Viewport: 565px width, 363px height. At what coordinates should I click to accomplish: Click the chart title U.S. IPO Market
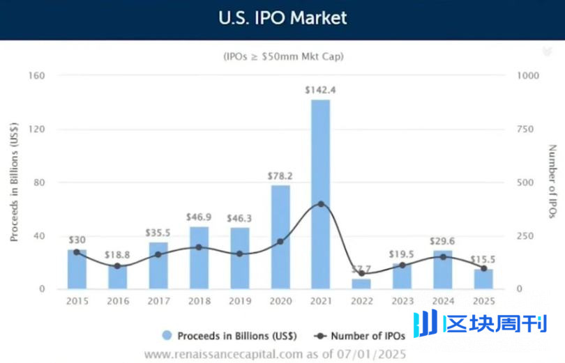(x=282, y=17)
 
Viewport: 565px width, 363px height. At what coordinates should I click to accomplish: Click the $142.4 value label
(x=320, y=90)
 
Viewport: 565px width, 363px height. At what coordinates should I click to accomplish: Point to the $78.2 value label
(x=280, y=176)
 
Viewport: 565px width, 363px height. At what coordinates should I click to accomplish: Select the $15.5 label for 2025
(x=483, y=259)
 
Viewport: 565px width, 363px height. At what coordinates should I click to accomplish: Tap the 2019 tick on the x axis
(x=239, y=301)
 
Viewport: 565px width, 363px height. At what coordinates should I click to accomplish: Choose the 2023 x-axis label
(x=402, y=301)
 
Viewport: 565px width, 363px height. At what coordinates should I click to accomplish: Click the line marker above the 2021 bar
(x=320, y=203)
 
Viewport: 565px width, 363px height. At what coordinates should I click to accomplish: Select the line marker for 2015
(x=77, y=252)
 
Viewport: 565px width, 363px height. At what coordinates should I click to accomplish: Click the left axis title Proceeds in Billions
(x=14, y=183)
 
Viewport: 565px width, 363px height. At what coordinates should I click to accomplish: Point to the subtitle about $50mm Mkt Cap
(x=282, y=55)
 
